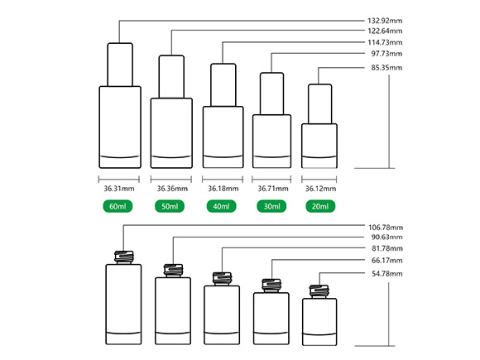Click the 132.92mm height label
pos(385,21)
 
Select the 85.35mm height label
pos(386,68)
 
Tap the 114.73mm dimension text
pos(385,42)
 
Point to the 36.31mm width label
pos(119,189)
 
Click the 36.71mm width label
pos(273,189)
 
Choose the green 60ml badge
pos(118,206)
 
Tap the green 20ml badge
pos(320,206)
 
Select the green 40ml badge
pos(221,206)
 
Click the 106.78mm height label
pos(386,228)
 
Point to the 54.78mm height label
pos(387,274)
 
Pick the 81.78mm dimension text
pos(387,248)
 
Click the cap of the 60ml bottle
pos(120,65)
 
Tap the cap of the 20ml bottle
pos(320,104)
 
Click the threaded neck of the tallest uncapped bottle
pos(124,257)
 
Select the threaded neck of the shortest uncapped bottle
pos(319,292)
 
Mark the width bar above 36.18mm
pos(223,180)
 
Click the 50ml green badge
pos(170,206)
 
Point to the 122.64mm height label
pos(385,31)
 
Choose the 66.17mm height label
pos(387,261)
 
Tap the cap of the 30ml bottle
pos(271,94)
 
